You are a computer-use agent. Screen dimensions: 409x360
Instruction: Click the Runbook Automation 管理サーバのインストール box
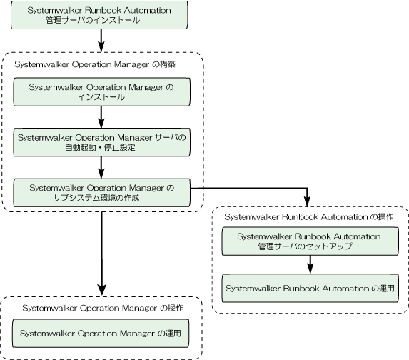click(99, 15)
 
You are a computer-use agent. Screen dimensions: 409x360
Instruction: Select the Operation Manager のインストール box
click(102, 92)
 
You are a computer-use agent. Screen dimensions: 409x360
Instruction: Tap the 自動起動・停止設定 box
click(102, 142)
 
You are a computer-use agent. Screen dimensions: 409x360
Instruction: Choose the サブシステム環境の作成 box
click(102, 193)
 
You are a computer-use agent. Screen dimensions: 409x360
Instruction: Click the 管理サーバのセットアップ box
click(310, 241)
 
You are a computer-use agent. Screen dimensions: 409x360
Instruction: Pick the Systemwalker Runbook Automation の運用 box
click(310, 288)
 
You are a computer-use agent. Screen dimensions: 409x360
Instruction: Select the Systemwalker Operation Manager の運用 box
click(101, 333)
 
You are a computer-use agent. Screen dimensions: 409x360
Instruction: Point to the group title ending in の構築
click(95, 64)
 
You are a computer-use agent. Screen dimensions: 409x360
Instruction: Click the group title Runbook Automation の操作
click(309, 217)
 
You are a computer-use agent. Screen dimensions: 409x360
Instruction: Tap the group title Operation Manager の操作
click(103, 308)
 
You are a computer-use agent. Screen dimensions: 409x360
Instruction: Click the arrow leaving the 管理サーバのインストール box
click(101, 41)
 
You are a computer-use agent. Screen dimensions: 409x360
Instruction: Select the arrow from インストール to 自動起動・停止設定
click(101, 117)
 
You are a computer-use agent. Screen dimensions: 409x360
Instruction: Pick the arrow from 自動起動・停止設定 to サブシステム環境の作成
click(101, 168)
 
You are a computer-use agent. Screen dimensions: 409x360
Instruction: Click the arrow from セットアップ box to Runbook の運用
click(310, 264)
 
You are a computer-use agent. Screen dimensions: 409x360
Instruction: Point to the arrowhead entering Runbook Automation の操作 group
click(308, 202)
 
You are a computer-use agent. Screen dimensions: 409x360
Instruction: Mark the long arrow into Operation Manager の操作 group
click(102, 254)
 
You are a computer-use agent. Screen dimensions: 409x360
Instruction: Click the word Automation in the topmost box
click(148, 10)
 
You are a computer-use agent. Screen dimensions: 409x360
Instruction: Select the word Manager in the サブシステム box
click(146, 188)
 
